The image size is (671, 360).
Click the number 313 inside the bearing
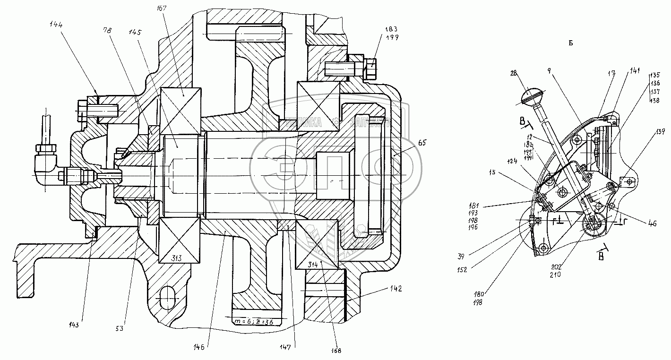(179, 257)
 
